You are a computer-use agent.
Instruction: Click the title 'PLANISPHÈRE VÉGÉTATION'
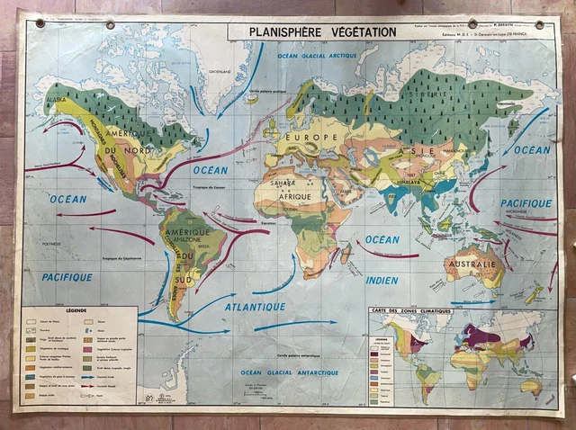pyautogui.click(x=312, y=31)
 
